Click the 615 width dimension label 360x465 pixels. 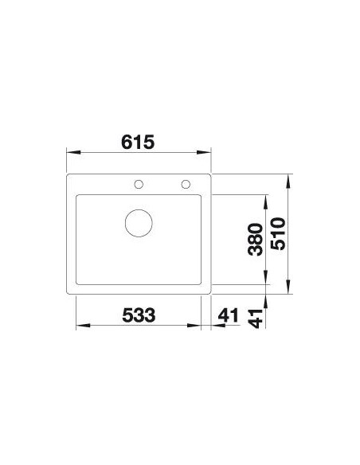click(138, 142)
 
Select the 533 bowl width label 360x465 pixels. click(139, 315)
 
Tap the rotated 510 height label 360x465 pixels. click(279, 234)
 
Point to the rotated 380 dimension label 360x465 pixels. click(256, 240)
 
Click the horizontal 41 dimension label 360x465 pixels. click(228, 315)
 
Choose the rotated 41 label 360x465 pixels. click(256, 318)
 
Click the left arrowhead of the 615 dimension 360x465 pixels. click(73, 152)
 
